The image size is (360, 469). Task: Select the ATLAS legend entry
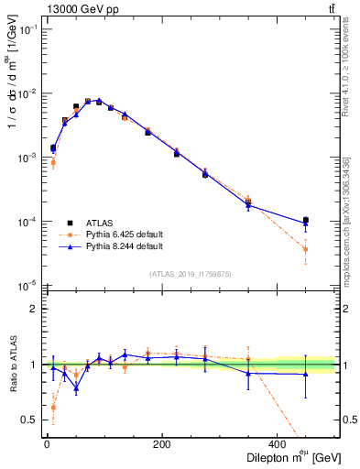pyautogui.click(x=102, y=222)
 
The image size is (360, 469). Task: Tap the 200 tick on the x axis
pyautogui.click(x=162, y=443)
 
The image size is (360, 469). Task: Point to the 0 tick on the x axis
pyautogui.click(x=47, y=443)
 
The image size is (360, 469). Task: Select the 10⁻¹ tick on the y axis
pyautogui.click(x=29, y=29)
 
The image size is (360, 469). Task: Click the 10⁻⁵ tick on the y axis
pyautogui.click(x=29, y=286)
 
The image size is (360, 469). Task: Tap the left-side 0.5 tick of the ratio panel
pyautogui.click(x=31, y=420)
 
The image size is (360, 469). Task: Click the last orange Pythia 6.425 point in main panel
pyautogui.click(x=305, y=249)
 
